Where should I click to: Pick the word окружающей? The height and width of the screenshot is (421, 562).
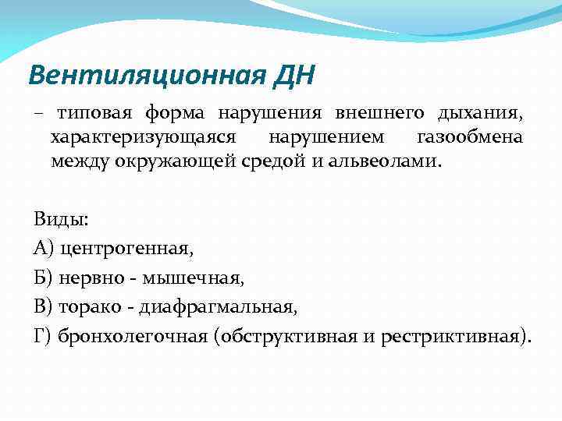pyautogui.click(x=173, y=162)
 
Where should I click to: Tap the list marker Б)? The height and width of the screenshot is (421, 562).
pyautogui.click(x=44, y=278)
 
